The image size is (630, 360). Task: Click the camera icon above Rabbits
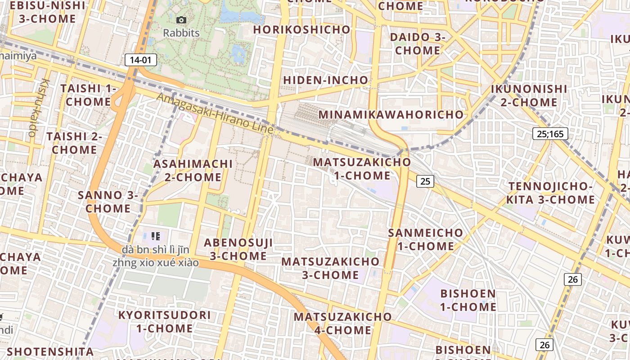coord(181,20)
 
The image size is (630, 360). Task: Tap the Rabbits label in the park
coord(181,33)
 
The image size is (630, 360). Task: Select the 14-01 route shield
coord(140,60)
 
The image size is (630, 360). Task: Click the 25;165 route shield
coord(550,134)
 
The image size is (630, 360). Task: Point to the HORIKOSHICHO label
coord(301,30)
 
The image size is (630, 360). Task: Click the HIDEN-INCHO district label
coord(325,80)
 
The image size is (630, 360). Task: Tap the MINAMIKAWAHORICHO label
coord(391,114)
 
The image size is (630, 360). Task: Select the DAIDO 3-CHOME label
coord(418,44)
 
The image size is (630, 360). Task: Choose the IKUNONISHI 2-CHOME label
coord(529,95)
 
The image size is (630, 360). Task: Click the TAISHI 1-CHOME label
coord(88,95)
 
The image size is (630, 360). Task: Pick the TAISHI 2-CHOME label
coord(75,143)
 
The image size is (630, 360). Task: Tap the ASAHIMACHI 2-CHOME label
coord(193,171)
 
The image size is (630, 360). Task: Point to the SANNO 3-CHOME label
coord(108,202)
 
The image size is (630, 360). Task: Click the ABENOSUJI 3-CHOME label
coord(238,249)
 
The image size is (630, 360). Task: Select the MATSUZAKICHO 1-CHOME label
coord(362,168)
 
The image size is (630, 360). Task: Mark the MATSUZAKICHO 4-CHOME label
coord(342,323)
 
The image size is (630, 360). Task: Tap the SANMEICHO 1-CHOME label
coord(425,239)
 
